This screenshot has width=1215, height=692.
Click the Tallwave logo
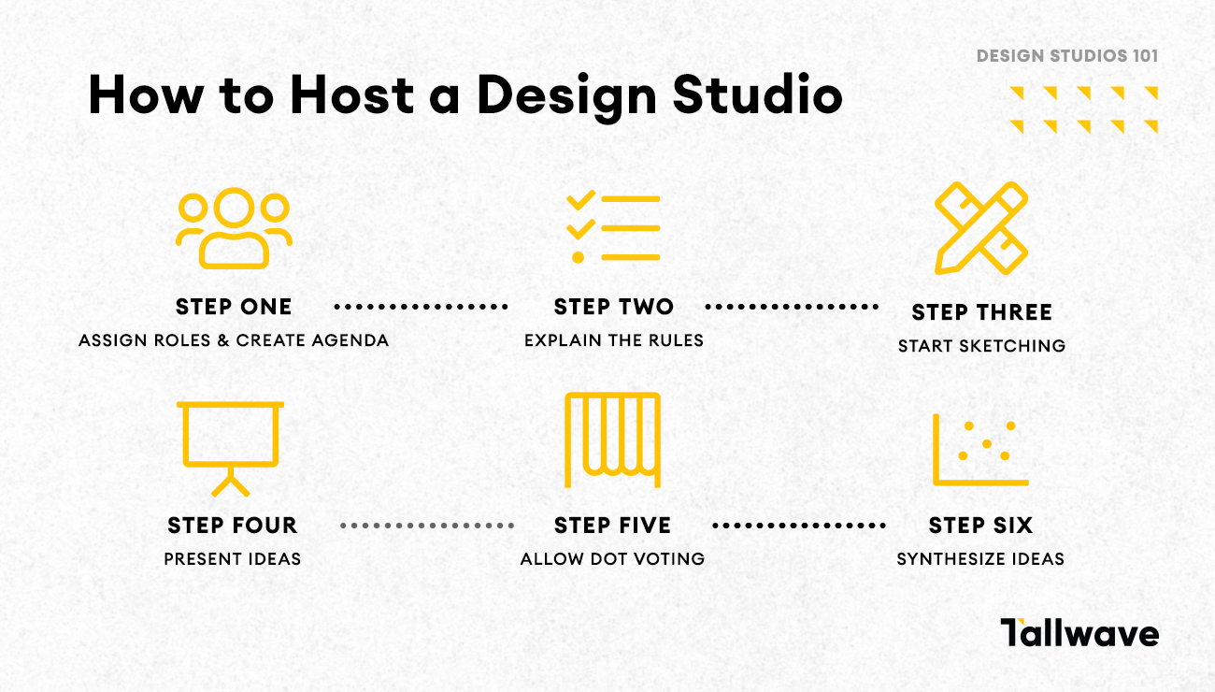[x=1079, y=633]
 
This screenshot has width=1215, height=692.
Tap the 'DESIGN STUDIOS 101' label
[x=1067, y=56]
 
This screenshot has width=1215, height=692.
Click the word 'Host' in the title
[x=352, y=95]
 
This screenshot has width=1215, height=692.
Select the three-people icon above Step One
[x=234, y=228]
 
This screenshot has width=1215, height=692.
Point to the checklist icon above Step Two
[x=613, y=227]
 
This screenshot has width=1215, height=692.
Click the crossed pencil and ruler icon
[x=981, y=228]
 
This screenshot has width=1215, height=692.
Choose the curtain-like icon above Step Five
[x=612, y=440]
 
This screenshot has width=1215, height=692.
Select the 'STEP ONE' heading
[x=234, y=307]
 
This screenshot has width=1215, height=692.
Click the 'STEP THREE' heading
[x=981, y=312]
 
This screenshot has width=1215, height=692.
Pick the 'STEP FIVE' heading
[x=612, y=526]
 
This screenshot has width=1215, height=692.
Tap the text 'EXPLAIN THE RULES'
[x=613, y=340]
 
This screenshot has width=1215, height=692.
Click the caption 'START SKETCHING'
[x=981, y=346]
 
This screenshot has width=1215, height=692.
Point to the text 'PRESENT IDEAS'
[x=232, y=559]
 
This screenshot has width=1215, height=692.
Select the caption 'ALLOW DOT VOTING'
[x=612, y=559]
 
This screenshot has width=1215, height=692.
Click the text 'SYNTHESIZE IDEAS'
[x=980, y=559]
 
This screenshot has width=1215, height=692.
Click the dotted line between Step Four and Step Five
[x=427, y=526]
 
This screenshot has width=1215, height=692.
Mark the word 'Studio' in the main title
[x=758, y=95]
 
